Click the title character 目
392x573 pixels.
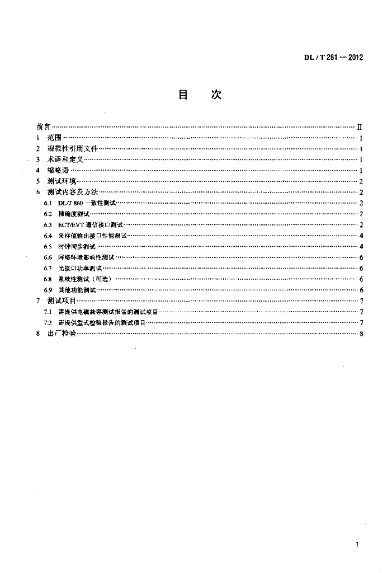[x=182, y=95]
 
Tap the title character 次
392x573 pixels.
[x=216, y=95]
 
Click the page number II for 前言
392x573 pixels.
[x=361, y=127]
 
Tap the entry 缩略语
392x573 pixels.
[x=58, y=170]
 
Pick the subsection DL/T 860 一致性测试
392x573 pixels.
[x=87, y=203]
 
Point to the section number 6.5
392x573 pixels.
[x=48, y=246]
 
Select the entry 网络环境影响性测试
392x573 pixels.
[x=86, y=257]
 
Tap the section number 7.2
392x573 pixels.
[x=48, y=323]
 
